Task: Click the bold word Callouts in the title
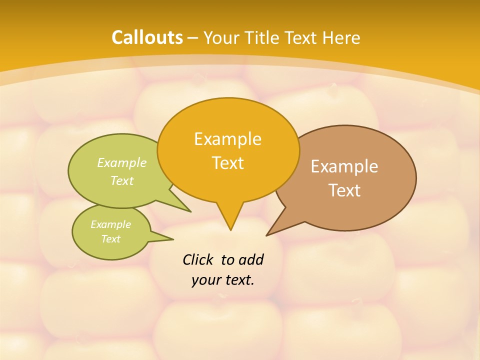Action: pos(147,37)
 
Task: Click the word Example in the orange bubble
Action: pos(227,139)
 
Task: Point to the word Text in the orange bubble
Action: pos(228,163)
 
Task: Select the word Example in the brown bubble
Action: pos(344,166)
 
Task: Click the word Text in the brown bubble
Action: pos(344,190)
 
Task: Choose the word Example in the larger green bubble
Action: pos(122,162)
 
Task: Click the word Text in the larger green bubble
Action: pos(122,180)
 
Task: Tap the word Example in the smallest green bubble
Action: pos(110,224)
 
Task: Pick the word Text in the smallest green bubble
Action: pos(110,239)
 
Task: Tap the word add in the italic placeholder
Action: pos(251,260)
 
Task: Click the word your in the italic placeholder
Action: pos(205,280)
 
